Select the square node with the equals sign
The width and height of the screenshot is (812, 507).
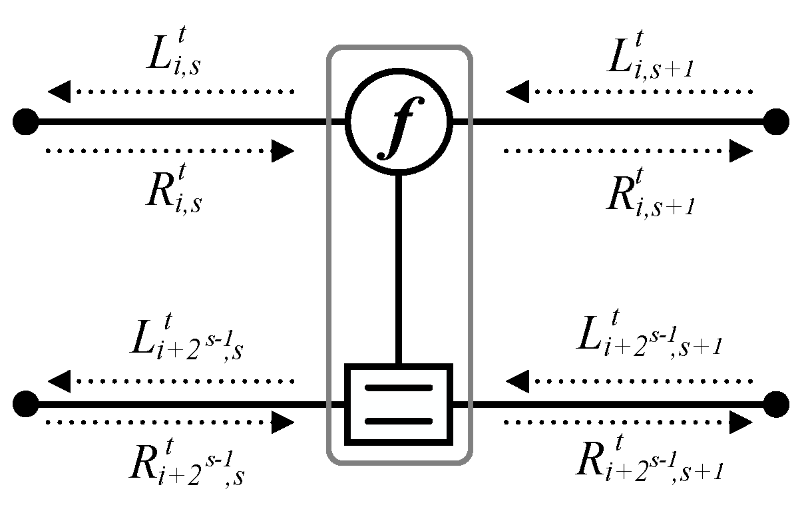tap(398, 405)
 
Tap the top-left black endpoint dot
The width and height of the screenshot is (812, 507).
tap(26, 122)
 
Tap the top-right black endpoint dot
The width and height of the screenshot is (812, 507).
tap(776, 122)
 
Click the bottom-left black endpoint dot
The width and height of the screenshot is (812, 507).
tap(26, 404)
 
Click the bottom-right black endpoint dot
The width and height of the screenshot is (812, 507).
tap(776, 404)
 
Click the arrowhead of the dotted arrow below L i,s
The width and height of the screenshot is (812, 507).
tap(59, 91)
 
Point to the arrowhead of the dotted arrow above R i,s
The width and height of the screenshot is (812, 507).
tap(284, 151)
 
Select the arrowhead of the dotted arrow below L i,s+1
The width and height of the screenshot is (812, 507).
tap(516, 91)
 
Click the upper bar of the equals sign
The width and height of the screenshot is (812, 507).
tap(398, 388)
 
